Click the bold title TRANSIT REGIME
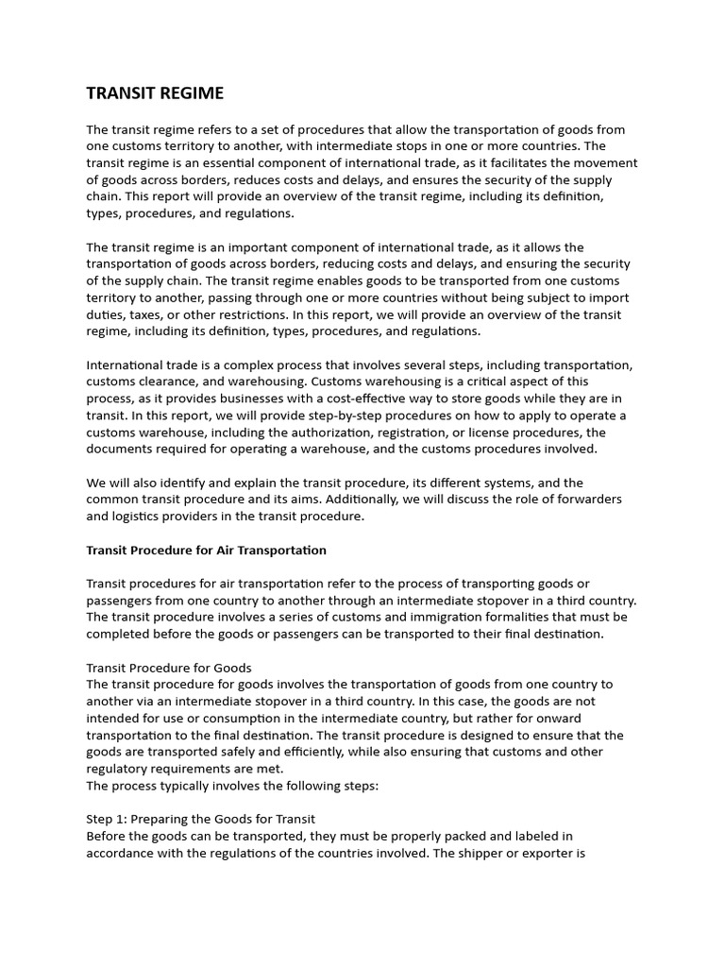[x=155, y=93]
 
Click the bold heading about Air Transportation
[x=206, y=550]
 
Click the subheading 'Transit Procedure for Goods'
[x=169, y=668]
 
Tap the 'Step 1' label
[x=109, y=819]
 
